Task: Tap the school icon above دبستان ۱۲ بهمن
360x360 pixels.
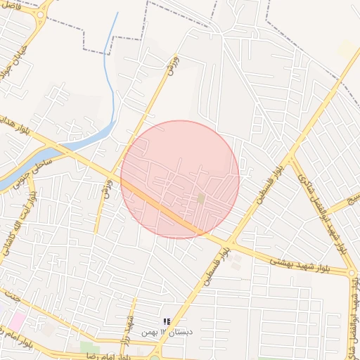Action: pos(167,321)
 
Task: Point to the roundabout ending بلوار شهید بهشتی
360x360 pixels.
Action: pos(352,273)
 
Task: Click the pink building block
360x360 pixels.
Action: pos(15,321)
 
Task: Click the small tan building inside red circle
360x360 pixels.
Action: pos(200,199)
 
